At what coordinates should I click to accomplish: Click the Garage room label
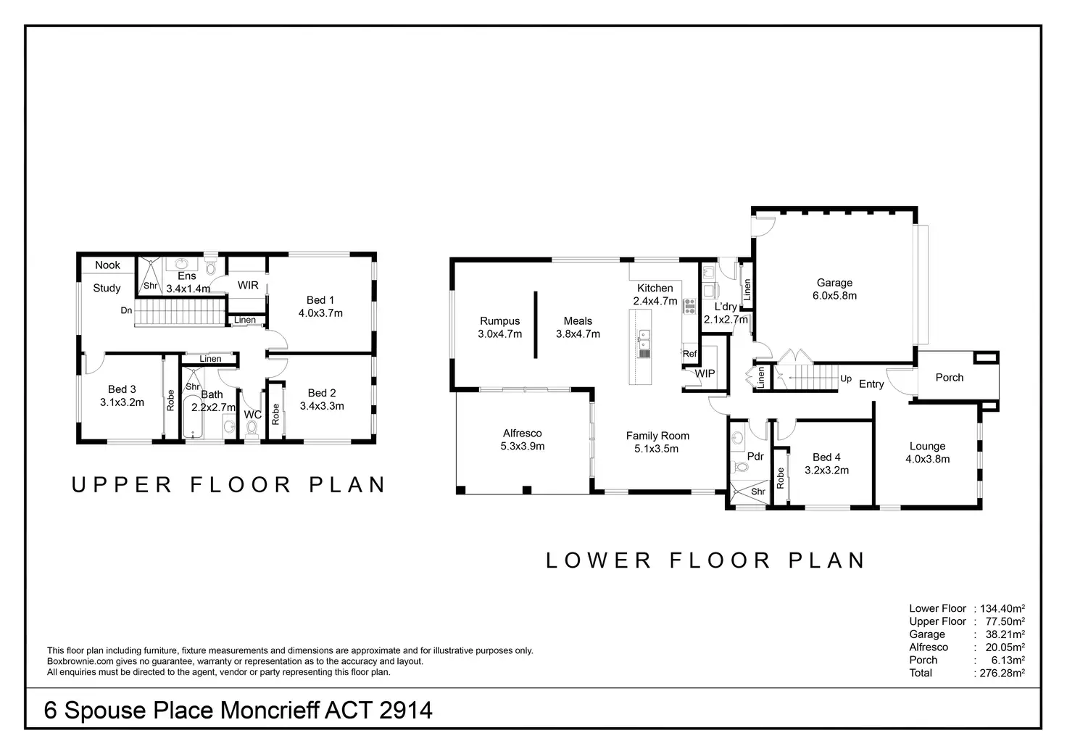tap(834, 289)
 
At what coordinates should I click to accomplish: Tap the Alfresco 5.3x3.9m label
tap(522, 440)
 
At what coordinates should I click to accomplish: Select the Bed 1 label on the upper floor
tap(320, 307)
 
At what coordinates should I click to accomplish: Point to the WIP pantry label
tap(705, 373)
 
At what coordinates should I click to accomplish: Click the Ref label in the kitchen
tap(689, 354)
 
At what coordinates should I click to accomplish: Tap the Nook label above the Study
tap(107, 265)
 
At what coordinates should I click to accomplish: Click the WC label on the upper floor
tap(252, 415)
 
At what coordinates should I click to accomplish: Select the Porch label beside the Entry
tap(949, 378)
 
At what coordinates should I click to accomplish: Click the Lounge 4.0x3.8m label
tap(927, 452)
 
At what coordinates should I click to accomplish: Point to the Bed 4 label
tap(826, 463)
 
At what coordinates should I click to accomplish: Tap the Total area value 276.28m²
tap(1002, 674)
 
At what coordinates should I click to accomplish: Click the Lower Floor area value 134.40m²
tap(1002, 609)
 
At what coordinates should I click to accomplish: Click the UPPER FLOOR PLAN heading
tap(228, 485)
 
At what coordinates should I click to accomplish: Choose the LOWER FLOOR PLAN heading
tap(705, 560)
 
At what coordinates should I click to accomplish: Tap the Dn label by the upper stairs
tap(126, 311)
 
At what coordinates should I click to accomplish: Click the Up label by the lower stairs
tap(845, 378)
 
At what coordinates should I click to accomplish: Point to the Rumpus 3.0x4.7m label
tap(499, 328)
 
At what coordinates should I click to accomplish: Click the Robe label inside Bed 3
tap(171, 401)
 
